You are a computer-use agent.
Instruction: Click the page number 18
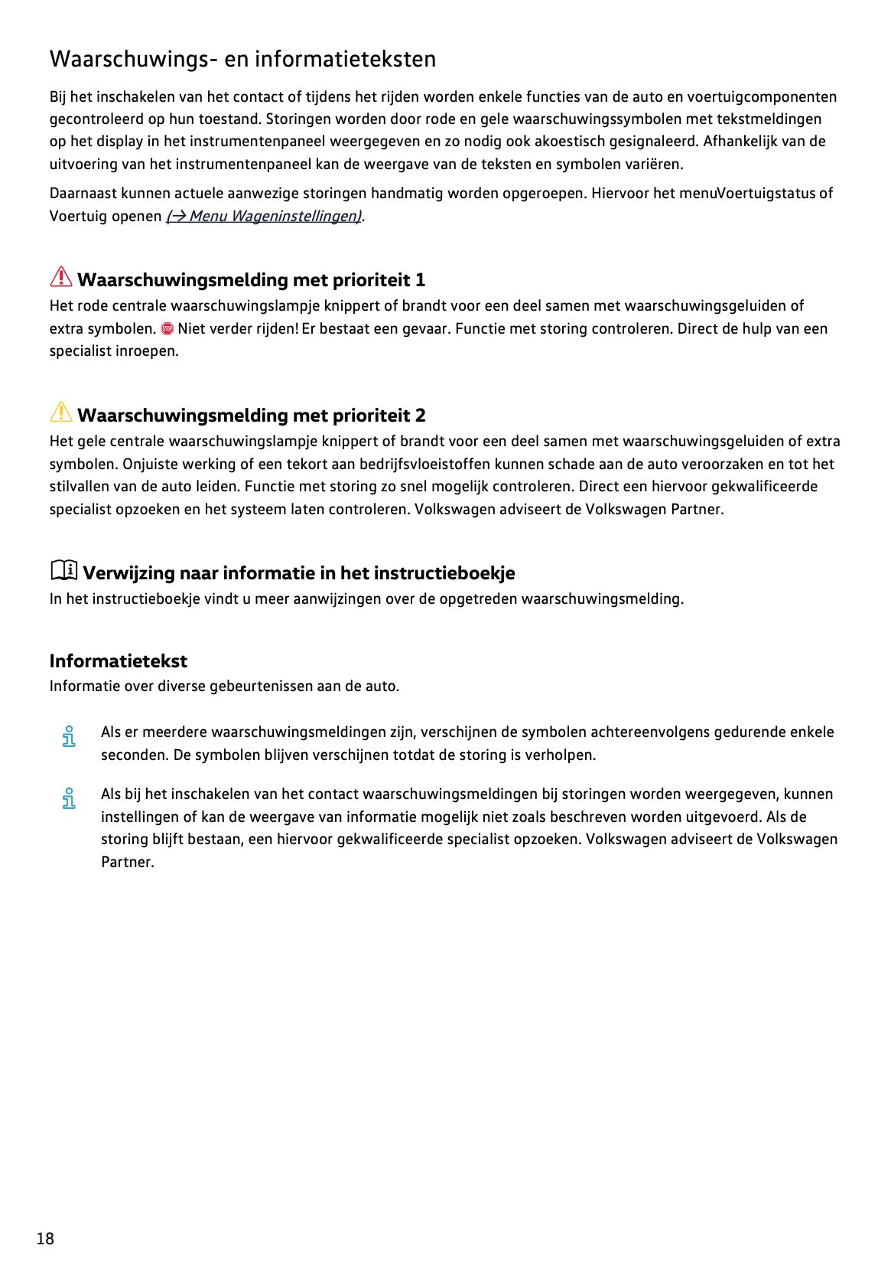pos(45,1238)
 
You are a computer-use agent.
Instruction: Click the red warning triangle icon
pos(61,278)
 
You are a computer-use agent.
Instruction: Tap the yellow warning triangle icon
pos(61,413)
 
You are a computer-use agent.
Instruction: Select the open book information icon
pos(64,570)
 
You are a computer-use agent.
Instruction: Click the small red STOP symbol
pos(167,329)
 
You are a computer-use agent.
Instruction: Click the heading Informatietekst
pos(118,661)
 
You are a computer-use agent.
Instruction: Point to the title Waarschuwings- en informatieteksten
pos(242,59)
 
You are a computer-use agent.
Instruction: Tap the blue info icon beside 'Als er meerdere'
pos(69,736)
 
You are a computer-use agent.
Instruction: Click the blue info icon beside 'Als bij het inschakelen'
pos(69,798)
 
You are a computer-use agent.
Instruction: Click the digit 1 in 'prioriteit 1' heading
pos(420,280)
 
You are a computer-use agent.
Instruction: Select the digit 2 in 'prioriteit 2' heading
pos(420,416)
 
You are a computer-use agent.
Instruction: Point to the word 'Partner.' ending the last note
pos(128,862)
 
